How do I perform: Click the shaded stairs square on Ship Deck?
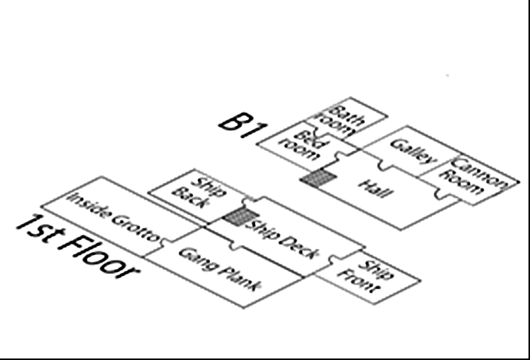239,217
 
